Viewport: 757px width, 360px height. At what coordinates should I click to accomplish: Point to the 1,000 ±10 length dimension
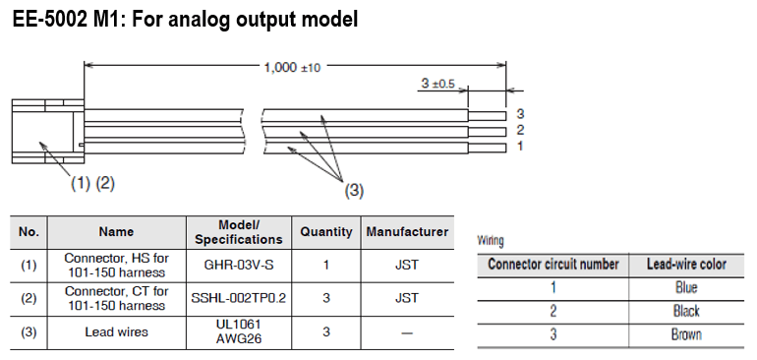(292, 67)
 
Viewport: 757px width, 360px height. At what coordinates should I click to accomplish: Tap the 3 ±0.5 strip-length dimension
(437, 84)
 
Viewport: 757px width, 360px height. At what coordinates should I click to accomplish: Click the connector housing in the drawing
(47, 132)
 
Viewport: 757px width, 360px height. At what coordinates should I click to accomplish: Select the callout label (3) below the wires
(354, 191)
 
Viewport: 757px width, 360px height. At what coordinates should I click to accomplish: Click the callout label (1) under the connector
(81, 183)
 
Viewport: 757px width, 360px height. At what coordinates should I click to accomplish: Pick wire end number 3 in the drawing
(520, 114)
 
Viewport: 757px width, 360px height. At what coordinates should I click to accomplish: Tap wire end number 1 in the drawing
(520, 146)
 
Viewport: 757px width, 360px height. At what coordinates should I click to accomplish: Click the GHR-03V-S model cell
(239, 266)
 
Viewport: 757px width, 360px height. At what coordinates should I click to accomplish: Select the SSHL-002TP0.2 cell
(239, 298)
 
